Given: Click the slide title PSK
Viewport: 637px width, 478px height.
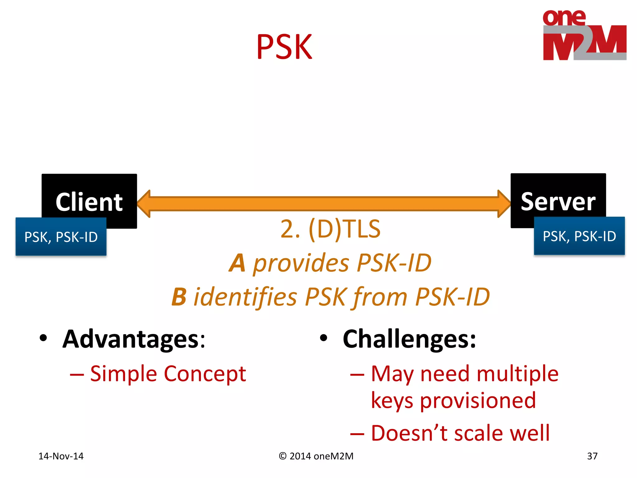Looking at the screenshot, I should (284, 47).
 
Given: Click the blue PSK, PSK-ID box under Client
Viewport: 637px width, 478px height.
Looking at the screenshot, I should (61, 237).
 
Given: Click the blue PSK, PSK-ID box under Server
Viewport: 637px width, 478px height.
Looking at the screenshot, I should (579, 236).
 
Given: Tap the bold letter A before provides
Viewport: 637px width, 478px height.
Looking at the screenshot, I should (237, 263).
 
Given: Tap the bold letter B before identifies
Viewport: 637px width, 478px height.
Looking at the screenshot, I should (179, 297).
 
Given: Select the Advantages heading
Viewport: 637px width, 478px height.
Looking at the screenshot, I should (134, 339).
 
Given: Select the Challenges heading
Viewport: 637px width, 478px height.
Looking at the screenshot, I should (409, 339).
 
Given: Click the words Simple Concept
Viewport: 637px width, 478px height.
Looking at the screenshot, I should (168, 374).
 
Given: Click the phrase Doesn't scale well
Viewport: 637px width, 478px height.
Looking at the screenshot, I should (460, 433).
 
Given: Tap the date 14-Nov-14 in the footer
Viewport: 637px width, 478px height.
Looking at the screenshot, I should (61, 456).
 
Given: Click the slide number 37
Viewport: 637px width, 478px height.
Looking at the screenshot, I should (592, 456).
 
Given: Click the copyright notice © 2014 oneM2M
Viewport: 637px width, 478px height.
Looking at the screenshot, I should (316, 456).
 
